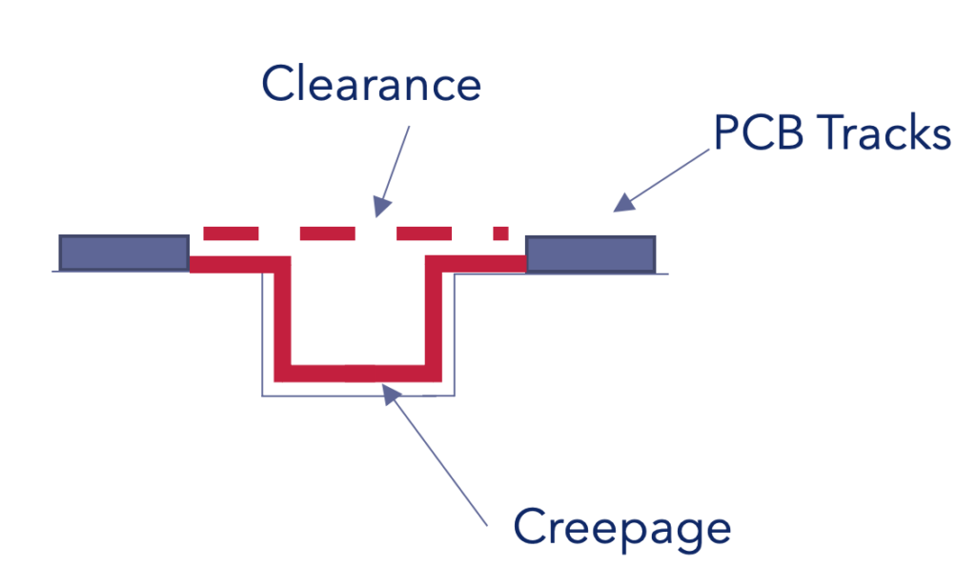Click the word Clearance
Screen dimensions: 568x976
(371, 84)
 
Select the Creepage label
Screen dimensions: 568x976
(621, 527)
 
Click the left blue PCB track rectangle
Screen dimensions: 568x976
(123, 253)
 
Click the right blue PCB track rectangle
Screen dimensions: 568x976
(590, 254)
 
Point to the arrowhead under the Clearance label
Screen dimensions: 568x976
(381, 205)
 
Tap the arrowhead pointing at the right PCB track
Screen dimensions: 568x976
(623, 202)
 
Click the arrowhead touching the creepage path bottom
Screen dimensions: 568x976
(389, 392)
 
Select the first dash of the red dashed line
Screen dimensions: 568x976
(231, 233)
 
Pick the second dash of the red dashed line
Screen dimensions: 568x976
(327, 233)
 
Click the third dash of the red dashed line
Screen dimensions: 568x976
(424, 233)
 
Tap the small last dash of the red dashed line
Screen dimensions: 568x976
(500, 233)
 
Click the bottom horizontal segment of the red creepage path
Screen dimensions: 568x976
(357, 372)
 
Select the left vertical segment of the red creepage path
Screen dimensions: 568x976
(281, 319)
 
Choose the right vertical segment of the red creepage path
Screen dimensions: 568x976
(433, 319)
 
